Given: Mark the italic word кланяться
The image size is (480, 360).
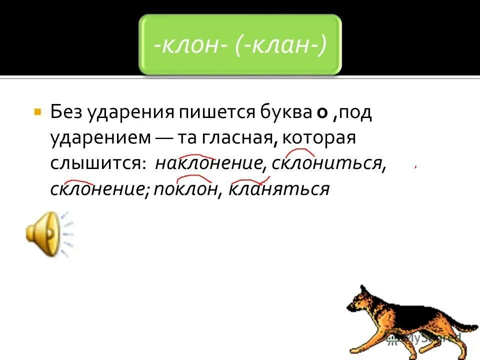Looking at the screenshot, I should point(279,189).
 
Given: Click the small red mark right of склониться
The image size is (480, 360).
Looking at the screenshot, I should point(415,167).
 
